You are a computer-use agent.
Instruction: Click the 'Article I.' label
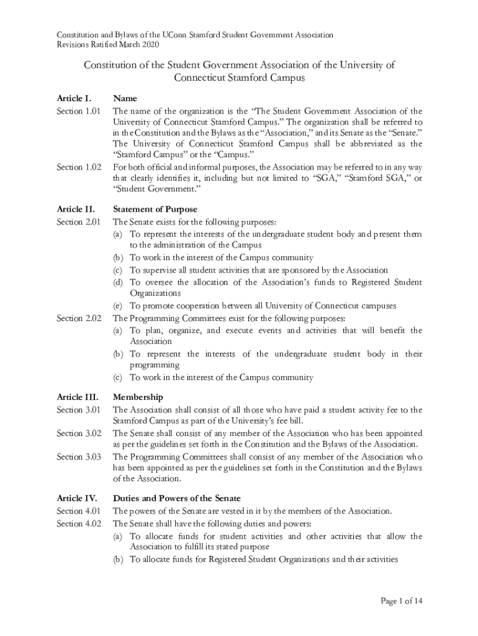point(74,98)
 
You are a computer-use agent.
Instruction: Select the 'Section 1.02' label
point(78,167)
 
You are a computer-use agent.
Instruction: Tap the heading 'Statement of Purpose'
point(154,209)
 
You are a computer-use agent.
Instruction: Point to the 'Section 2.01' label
point(78,222)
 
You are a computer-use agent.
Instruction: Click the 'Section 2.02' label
point(78,318)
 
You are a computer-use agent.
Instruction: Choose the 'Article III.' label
point(78,397)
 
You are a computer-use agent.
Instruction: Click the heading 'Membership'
point(137,397)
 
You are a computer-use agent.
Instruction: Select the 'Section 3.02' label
point(78,433)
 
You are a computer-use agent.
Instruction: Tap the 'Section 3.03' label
point(78,457)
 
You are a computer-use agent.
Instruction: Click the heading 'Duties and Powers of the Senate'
point(176,498)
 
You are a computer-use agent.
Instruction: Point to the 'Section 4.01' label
point(78,511)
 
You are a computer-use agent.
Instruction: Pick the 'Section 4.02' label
point(78,524)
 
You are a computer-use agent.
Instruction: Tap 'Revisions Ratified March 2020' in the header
point(108,45)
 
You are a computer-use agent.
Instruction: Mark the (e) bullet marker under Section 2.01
point(117,306)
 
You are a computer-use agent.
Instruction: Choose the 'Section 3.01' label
point(78,409)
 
